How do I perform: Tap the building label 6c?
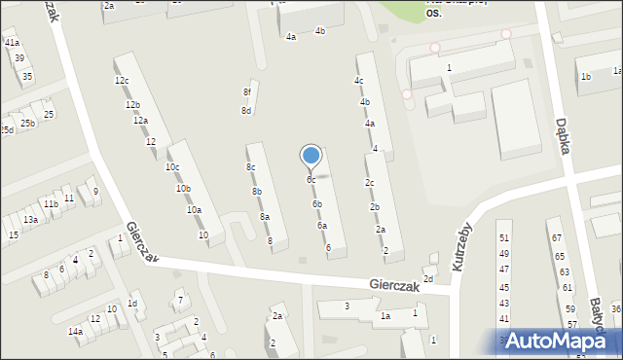point(311,180)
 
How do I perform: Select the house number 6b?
point(317,204)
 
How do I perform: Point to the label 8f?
point(247,92)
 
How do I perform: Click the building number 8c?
point(250,167)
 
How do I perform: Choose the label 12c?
point(122,81)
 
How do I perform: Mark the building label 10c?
point(172,167)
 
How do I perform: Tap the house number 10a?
point(194,210)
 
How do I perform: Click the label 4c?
point(359,81)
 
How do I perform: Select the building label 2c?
point(370,183)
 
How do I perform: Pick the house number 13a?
point(31,220)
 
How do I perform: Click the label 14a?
point(75,332)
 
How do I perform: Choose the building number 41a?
point(12,44)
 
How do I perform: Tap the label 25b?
point(28,124)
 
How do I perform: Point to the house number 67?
point(557,238)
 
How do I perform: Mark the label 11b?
point(50,204)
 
